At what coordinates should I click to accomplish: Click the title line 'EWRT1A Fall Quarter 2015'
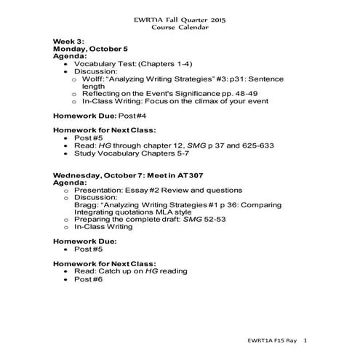[x=180, y=18]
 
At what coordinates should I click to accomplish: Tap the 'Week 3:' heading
[x=70, y=41]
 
